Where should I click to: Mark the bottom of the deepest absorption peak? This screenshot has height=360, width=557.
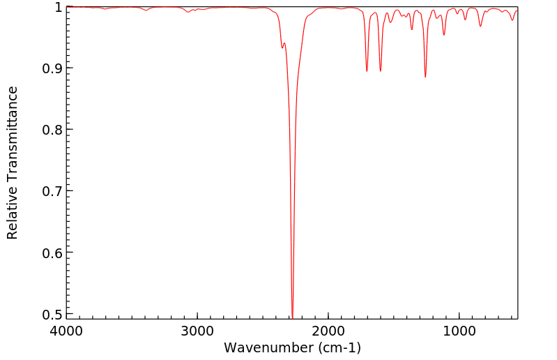(x=292, y=316)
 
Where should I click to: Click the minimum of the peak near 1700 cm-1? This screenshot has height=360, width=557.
(x=367, y=71)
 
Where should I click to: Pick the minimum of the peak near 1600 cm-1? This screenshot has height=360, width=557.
(x=381, y=71)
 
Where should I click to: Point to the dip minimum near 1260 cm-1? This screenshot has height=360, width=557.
(x=425, y=77)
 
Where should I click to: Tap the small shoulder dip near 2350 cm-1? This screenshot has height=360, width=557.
(x=282, y=47)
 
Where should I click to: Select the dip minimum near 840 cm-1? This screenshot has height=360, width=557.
(x=480, y=27)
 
